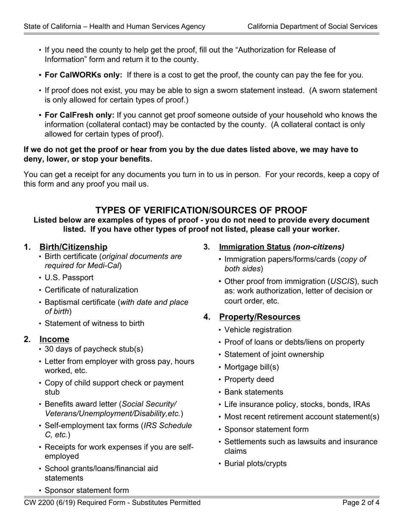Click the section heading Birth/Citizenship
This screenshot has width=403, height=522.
tap(73, 247)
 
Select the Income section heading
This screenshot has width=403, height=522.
tap(54, 339)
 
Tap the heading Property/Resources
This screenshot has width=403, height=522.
tap(260, 317)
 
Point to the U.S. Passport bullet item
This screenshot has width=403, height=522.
tap(69, 278)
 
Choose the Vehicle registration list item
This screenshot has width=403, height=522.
tap(257, 330)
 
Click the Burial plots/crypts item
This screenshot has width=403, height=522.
tap(255, 463)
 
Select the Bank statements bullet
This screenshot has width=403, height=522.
tap(253, 392)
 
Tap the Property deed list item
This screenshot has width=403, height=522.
tap(249, 379)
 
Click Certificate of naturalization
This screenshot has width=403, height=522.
tap(91, 290)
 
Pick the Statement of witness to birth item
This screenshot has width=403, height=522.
tap(94, 323)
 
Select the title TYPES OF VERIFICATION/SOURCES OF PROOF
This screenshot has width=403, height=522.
tap(201, 210)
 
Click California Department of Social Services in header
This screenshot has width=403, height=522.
tap(312, 26)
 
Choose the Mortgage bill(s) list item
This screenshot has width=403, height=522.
tap(252, 367)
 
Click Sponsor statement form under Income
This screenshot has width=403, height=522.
tap(87, 491)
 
